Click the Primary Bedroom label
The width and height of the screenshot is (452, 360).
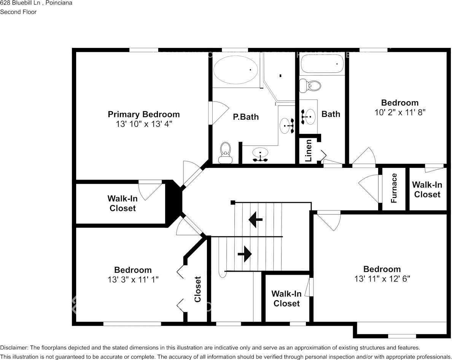[143, 114]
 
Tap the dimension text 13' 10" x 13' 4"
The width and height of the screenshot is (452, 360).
[143, 124]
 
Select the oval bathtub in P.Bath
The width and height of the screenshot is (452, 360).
[235, 70]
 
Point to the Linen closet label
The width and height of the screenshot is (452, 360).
[309, 150]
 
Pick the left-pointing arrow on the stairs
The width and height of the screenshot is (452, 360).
[256, 220]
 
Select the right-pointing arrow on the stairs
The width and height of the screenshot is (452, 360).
[244, 253]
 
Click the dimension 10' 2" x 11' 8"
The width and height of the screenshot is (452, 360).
[399, 112]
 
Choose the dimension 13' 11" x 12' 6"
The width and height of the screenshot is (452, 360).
[382, 279]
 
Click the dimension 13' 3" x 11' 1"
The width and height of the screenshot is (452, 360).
[133, 279]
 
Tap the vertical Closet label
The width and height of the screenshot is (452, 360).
[197, 289]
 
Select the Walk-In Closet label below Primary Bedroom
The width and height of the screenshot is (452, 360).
[122, 203]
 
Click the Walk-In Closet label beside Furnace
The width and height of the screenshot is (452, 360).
[427, 189]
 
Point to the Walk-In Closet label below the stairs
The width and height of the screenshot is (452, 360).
[286, 298]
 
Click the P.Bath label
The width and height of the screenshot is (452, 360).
[245, 117]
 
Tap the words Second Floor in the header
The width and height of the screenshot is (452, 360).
[18, 12]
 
